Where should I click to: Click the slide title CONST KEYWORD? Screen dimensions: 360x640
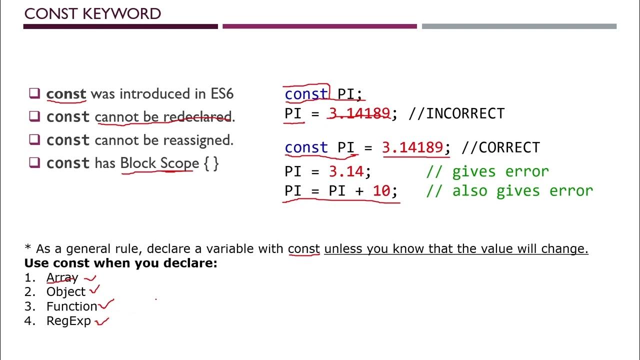(x=92, y=14)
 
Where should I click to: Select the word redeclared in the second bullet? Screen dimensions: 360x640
(x=197, y=117)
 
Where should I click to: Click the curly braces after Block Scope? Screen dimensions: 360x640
(x=211, y=163)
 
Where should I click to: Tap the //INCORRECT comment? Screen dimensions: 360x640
(x=456, y=114)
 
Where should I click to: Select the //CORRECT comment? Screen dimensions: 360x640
(x=500, y=148)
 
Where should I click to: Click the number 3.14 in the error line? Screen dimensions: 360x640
(x=346, y=172)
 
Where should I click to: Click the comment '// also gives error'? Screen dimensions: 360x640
(x=509, y=191)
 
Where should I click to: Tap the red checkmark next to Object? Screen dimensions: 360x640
(x=94, y=289)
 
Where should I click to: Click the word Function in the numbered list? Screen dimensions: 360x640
(x=71, y=306)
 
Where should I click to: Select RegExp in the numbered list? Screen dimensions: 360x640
(x=68, y=321)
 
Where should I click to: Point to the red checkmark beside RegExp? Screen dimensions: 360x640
(x=102, y=321)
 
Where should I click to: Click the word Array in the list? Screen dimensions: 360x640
(x=62, y=277)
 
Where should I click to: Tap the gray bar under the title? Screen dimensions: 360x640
(x=519, y=26)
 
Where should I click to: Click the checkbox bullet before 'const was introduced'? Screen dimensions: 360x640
(x=34, y=93)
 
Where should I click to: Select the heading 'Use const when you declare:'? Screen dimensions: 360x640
(x=121, y=263)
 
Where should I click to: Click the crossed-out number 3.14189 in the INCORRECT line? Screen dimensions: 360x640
(x=359, y=114)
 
